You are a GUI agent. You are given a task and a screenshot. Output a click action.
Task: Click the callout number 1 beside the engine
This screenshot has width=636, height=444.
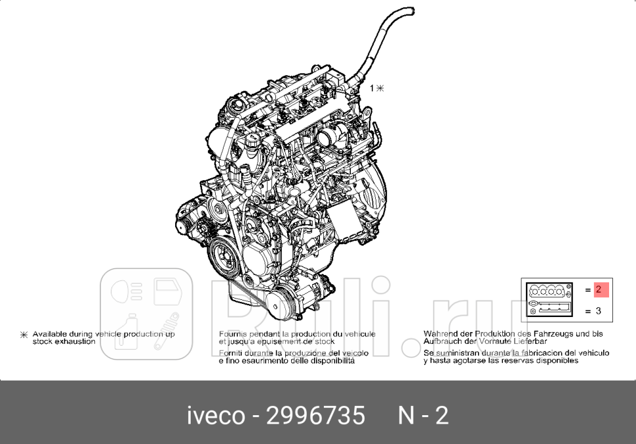tap(371, 88)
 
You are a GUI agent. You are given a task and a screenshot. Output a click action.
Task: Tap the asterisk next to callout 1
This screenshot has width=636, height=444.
tap(381, 88)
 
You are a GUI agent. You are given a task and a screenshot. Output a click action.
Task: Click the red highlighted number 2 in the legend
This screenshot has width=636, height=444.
tap(598, 289)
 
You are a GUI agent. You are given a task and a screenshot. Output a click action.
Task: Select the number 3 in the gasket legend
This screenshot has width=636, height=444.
tap(598, 311)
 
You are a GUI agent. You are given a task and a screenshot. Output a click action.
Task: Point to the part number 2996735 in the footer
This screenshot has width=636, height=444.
tap(315, 415)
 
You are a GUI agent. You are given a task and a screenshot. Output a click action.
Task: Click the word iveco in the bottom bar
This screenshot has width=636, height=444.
tap(216, 415)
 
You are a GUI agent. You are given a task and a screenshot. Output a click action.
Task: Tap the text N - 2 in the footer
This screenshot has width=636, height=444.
tap(424, 415)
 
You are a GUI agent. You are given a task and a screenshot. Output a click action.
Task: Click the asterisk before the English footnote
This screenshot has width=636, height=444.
tap(24, 335)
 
